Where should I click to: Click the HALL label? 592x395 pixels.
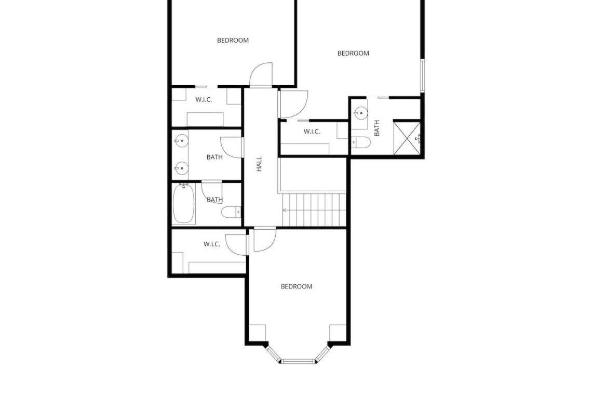coord(259,164)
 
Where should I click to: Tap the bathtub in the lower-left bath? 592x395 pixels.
coord(184,204)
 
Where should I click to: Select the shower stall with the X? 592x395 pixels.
coord(407,138)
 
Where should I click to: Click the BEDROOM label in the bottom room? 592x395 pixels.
coord(297,286)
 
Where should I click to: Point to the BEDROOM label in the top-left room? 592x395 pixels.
coord(233,40)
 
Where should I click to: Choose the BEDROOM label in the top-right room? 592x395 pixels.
coord(353,54)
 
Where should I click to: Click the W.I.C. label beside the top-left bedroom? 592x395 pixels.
coord(204,100)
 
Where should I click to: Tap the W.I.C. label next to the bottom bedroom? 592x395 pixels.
coord(212,244)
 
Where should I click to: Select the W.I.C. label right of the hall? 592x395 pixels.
coord(312,131)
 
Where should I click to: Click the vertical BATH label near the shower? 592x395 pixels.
coord(376,128)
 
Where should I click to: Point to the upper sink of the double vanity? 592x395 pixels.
coord(182,141)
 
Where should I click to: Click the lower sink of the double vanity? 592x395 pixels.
coord(182,167)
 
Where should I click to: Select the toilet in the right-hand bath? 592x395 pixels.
coord(360,142)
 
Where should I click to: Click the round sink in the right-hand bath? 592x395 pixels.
coord(361,113)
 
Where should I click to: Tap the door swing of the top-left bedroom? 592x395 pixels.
coord(261,74)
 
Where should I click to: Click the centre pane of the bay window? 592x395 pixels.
coord(298,361)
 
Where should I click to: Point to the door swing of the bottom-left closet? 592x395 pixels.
coord(236,245)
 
